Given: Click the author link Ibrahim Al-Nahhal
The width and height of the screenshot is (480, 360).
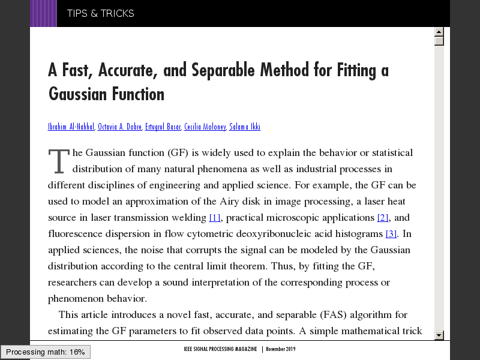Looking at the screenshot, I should [71, 127].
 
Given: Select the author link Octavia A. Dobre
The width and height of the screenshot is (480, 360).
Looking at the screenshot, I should [119, 127].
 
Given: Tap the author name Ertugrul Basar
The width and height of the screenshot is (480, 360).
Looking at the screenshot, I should [163, 127].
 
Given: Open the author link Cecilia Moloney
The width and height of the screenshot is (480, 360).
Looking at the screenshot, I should [205, 127].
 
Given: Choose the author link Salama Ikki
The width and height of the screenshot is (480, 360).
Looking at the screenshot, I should [245, 127].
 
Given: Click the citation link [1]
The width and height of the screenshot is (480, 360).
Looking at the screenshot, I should [215, 217].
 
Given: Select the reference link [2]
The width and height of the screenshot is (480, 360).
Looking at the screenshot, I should [383, 217].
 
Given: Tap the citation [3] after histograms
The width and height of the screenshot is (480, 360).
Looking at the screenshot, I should [391, 233].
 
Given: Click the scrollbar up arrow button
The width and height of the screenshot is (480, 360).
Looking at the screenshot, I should [439, 32].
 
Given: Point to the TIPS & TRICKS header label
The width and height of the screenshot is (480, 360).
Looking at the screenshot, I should [101, 13].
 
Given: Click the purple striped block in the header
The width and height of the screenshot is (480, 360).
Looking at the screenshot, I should [43, 13].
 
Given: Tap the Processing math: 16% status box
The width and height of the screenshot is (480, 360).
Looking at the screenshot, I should [46, 352].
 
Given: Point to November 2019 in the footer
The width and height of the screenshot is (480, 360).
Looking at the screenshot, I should [281, 349].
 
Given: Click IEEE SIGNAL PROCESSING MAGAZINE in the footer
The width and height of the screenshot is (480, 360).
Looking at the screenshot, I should [220, 349].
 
